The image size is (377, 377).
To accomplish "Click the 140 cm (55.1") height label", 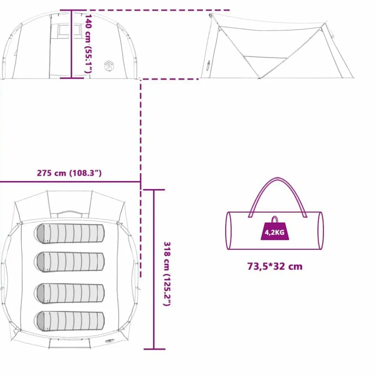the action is coord(88,44).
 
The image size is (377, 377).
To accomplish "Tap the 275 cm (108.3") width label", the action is coord(69,173).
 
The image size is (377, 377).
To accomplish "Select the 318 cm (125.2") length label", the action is coord(167,274).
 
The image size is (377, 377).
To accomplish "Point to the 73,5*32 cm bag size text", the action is coord(275,267).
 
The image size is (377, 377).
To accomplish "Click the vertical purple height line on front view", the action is coord(71,44).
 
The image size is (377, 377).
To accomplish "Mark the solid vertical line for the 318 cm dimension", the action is coord(154,269).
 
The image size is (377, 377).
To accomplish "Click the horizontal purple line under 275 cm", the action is coord(70,182).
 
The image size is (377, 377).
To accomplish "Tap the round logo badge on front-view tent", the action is coord(109,66).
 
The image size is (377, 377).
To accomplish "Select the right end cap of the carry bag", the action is coord(321,231).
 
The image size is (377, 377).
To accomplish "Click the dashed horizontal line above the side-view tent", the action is coord(145,10).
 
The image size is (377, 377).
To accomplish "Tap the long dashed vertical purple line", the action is coord(141,178).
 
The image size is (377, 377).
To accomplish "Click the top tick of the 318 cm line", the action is coord(154,190).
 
